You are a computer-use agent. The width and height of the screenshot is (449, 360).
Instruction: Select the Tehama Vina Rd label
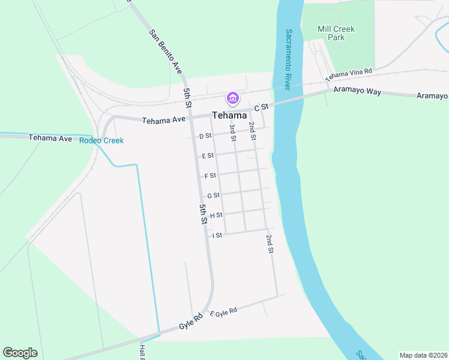349,74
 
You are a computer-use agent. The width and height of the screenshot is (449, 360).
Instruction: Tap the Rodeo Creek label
101,140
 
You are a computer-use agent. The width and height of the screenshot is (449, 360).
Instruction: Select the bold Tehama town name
229,115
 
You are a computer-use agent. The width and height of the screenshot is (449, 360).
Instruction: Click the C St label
261,107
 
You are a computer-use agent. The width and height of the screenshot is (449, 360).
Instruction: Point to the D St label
205,136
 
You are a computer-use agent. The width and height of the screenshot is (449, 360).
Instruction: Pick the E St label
208,156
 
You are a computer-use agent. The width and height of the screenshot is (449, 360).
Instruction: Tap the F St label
210,176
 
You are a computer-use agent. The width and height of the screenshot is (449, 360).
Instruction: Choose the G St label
213,196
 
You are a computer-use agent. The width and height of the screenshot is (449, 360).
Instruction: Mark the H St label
216,215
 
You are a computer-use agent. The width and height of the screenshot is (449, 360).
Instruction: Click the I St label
217,235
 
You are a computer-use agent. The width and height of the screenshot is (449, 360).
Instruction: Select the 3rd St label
232,131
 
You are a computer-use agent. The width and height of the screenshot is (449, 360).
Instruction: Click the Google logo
20,353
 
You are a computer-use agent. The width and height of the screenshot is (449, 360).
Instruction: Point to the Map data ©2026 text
423,355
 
